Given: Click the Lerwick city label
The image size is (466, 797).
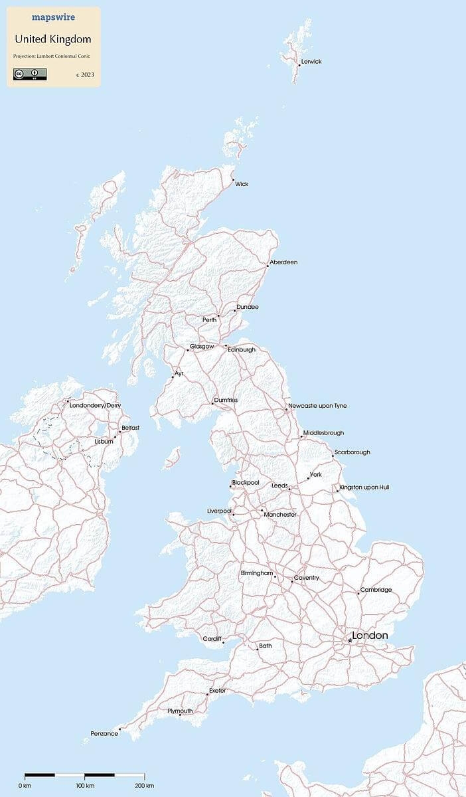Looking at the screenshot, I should (311, 62).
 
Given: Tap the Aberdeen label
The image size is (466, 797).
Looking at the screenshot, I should (283, 262).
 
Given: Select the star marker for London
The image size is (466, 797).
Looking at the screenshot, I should (350, 640).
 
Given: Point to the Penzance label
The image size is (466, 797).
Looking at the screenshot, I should (104, 733).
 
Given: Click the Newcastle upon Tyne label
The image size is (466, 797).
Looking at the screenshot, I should (317, 406).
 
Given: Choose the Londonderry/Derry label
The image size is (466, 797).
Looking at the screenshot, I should (95, 405).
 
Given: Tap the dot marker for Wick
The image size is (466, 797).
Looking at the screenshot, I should (233, 179).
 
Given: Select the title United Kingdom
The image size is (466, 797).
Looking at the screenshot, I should (52, 40).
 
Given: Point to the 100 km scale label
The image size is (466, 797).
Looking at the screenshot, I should (84, 786).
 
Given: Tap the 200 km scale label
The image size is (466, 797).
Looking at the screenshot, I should (144, 786).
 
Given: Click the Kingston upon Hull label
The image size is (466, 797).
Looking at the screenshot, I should (364, 487).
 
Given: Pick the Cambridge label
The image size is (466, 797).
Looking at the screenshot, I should (376, 590).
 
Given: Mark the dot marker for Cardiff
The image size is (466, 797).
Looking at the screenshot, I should (224, 642).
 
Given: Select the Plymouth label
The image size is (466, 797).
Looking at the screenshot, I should (180, 711).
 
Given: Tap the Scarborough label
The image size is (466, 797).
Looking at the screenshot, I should (352, 452).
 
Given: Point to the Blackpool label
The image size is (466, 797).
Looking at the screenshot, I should (246, 482).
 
